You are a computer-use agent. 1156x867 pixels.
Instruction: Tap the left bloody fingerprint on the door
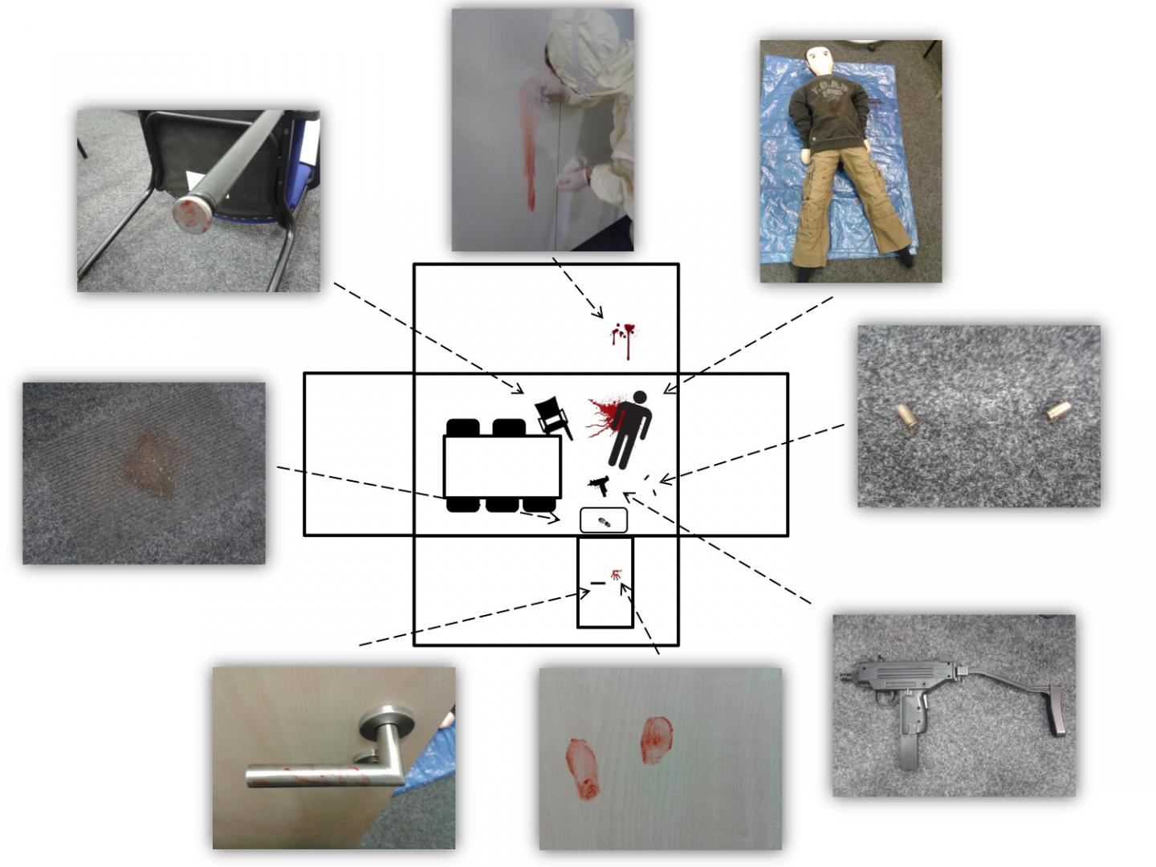click(x=583, y=769)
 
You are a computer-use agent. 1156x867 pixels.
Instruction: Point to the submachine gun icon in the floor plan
click(x=599, y=484)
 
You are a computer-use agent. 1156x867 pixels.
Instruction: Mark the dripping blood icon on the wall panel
click(x=622, y=337)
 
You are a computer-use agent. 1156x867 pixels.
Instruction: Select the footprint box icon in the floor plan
click(x=604, y=520)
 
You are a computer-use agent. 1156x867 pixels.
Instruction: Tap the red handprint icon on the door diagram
click(x=616, y=575)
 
